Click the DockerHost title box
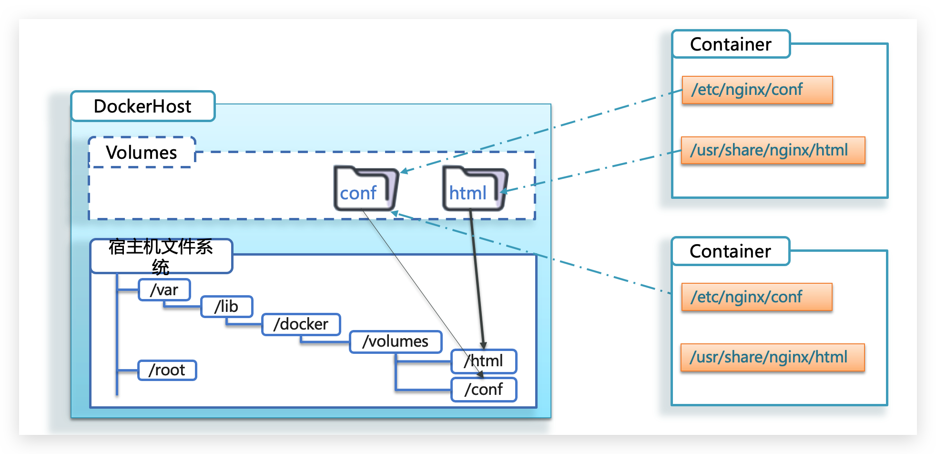pyautogui.click(x=143, y=106)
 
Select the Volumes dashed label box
pyautogui.click(x=142, y=153)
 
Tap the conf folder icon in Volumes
pyautogui.click(x=365, y=189)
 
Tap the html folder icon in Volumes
pyautogui.click(x=474, y=189)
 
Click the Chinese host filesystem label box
pyautogui.click(x=161, y=256)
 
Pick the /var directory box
pyautogui.click(x=164, y=290)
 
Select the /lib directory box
pyautogui.click(x=227, y=307)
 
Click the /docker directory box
pyautogui.click(x=301, y=324)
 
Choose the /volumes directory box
pyautogui.click(x=396, y=341)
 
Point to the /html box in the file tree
pyautogui.click(x=484, y=361)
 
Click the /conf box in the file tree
pyautogui.click(x=484, y=390)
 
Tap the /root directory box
pyautogui.click(x=167, y=370)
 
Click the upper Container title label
pyautogui.click(x=731, y=44)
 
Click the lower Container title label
pyautogui.click(x=730, y=251)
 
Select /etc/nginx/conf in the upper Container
pyautogui.click(x=757, y=90)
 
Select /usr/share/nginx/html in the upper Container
pyautogui.click(x=773, y=150)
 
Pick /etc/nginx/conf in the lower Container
pyautogui.click(x=756, y=297)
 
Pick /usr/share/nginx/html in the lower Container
pyautogui.click(x=772, y=357)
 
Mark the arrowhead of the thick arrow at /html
pyautogui.click(x=483, y=345)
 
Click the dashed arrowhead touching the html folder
pyautogui.click(x=503, y=192)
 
